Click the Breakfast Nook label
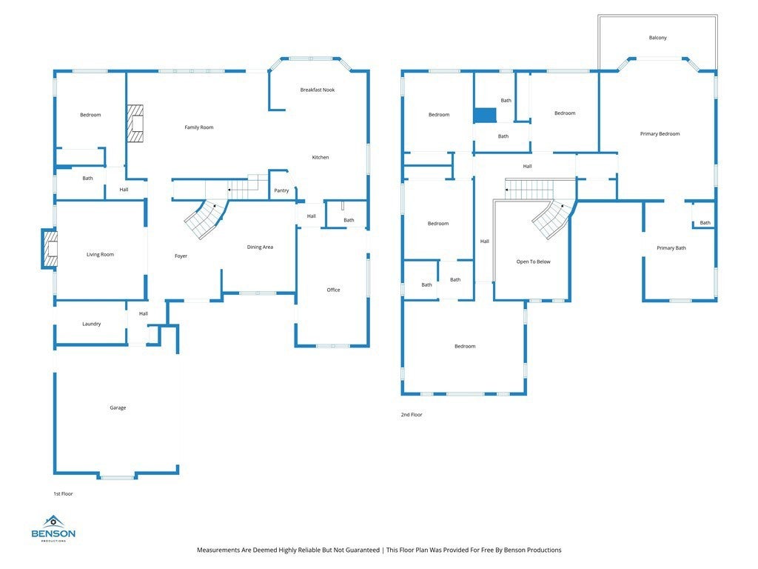[317, 90]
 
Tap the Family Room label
[198, 127]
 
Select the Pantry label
[281, 190]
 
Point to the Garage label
[118, 408]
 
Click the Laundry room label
[91, 324]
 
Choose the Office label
[333, 290]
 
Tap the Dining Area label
[260, 247]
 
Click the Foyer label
[181, 256]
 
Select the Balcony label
[657, 37]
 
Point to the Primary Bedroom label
[660, 133]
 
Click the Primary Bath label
[671, 247]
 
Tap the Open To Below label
[533, 262]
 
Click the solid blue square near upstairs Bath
[485, 115]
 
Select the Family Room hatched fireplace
[135, 124]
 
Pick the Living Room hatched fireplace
[50, 249]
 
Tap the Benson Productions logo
[53, 528]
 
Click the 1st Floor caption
[63, 494]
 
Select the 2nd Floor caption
[412, 415]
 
